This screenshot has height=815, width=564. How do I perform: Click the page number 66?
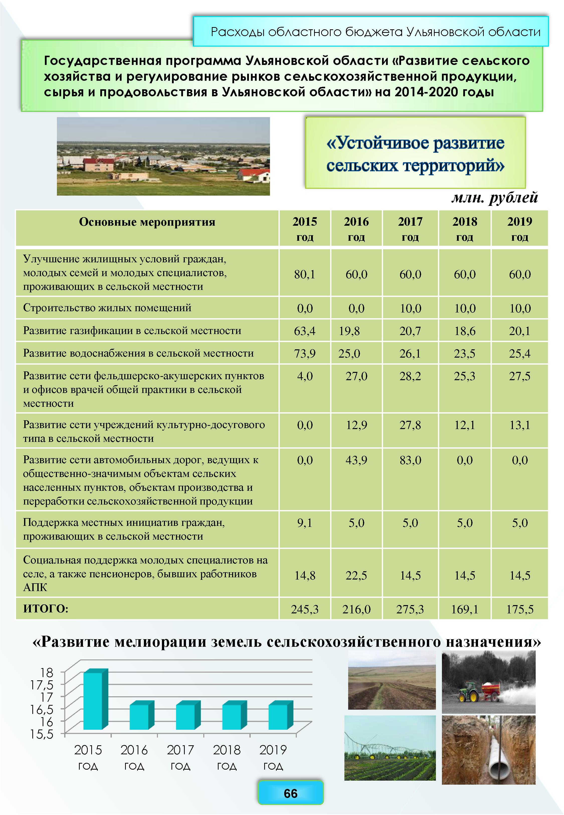point(291,793)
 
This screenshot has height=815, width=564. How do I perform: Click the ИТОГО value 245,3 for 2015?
point(305,609)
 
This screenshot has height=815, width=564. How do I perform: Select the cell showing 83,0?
point(410,460)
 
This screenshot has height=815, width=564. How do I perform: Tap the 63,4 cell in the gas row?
point(305,331)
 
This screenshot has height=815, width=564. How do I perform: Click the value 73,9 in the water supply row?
point(305,353)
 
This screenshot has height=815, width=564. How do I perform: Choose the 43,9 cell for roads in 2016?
point(356,460)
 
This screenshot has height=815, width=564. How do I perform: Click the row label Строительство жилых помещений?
point(107,308)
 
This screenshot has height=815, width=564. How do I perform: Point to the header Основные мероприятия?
point(147,222)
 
